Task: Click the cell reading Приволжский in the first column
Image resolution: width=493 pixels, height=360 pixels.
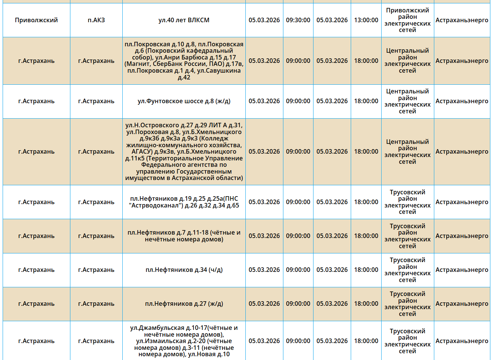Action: click(x=36, y=20)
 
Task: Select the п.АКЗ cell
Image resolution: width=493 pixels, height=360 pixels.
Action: click(x=96, y=20)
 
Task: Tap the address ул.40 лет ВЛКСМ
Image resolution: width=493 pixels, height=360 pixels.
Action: click(x=184, y=20)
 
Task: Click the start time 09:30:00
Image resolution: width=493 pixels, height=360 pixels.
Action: click(x=298, y=20)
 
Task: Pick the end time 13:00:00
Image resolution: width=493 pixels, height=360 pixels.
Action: click(x=366, y=20)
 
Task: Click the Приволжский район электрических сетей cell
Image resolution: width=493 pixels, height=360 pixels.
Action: click(x=407, y=20)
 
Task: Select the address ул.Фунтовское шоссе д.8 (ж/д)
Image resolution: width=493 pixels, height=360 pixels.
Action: click(x=184, y=101)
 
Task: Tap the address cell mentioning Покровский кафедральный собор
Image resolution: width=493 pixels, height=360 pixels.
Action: click(x=184, y=61)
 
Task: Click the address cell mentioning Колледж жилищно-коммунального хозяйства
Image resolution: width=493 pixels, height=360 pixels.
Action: click(x=184, y=152)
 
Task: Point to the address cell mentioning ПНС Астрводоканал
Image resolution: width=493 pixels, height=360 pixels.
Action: click(x=184, y=202)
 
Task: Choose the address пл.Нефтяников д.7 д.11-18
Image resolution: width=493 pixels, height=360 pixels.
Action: click(x=184, y=236)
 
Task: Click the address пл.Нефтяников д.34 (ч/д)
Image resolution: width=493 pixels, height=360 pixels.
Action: click(x=184, y=270)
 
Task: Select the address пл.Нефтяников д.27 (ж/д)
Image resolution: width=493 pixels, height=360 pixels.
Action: click(x=184, y=304)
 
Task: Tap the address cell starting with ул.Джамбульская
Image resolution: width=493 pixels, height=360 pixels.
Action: click(x=184, y=341)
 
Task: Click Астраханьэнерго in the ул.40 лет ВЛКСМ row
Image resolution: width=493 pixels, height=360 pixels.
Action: click(x=462, y=20)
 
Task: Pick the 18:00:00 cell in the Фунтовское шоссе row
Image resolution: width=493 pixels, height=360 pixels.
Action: click(x=366, y=101)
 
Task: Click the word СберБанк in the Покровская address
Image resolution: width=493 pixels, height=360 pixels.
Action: click(x=167, y=64)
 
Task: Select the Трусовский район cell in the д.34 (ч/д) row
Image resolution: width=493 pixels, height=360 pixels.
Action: click(x=407, y=270)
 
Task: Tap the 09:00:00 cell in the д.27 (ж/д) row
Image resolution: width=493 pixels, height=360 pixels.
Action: click(x=298, y=304)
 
